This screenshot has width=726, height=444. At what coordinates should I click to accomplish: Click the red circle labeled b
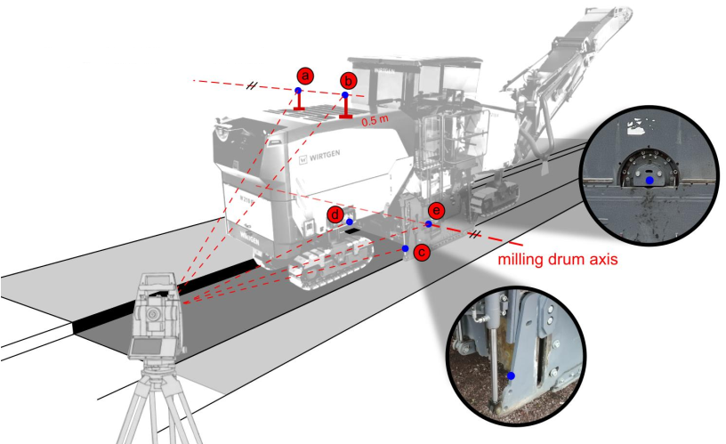pos(349,81)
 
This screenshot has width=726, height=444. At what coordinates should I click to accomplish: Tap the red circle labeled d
pos(335,214)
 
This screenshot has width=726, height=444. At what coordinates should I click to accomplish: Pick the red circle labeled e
pos(435,210)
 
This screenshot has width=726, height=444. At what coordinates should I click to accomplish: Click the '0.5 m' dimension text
pos(374,117)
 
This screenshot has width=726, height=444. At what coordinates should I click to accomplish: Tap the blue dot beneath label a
pos(298,91)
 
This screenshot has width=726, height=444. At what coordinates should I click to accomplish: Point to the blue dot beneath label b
pos(345,95)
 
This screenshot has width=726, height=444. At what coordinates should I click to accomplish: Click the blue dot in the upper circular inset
pos(650,180)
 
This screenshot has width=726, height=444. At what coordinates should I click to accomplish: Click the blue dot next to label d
pos(350,222)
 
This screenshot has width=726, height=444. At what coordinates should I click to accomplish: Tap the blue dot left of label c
pos(406,248)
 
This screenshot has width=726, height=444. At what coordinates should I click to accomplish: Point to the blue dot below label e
pos(428,224)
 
